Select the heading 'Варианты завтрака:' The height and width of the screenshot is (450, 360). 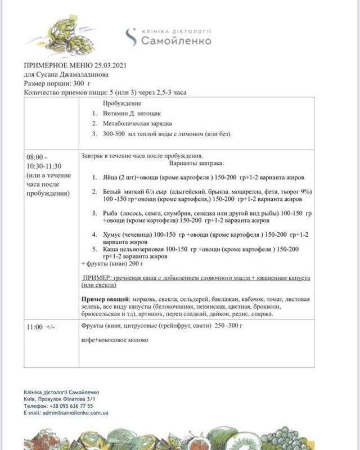point(196,163)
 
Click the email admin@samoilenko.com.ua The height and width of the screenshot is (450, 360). point(73,413)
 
